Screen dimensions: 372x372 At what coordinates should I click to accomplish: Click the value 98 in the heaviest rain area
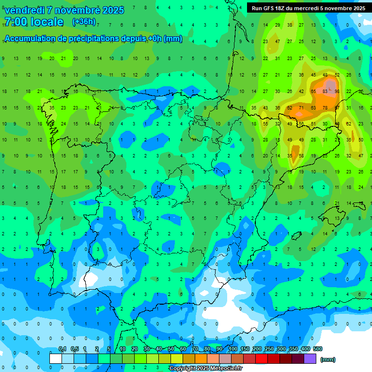tap(337, 91)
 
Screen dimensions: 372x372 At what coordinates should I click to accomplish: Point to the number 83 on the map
tap(325, 91)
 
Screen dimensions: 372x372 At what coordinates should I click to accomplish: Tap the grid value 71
tap(301, 108)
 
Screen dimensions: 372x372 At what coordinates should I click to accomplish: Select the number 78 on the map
tap(325, 108)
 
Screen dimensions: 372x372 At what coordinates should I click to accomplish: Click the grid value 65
tap(313, 91)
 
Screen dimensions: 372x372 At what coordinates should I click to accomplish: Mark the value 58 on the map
tap(301, 156)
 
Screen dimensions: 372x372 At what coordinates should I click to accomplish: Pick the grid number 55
tap(265, 124)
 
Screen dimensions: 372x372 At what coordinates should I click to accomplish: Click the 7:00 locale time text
tap(34, 22)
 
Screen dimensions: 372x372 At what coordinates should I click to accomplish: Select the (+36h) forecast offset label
tap(84, 22)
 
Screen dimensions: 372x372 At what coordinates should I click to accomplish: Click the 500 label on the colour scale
tap(318, 349)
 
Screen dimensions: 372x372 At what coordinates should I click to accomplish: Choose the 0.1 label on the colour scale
tap(62, 349)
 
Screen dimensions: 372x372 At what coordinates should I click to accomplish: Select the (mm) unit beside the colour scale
tap(328, 359)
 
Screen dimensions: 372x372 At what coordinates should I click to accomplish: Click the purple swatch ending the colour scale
tap(310, 359)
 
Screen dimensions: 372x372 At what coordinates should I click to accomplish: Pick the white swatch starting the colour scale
tap(56, 359)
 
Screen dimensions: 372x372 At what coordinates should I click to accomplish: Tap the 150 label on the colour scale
tap(245, 349)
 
